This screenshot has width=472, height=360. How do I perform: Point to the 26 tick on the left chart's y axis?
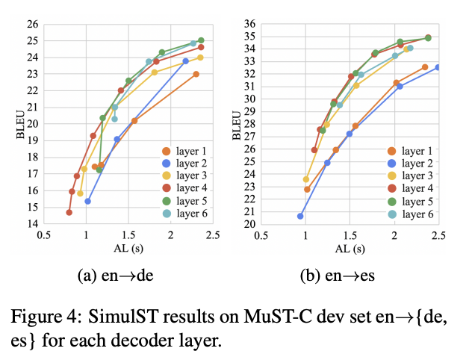33,24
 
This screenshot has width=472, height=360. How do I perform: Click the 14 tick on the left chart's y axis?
33,223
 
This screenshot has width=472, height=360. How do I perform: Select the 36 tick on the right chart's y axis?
248,24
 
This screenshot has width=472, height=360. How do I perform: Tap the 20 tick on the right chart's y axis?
248,223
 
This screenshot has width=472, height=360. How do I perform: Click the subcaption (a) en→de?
116,276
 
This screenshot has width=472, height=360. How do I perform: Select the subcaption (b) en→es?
334,276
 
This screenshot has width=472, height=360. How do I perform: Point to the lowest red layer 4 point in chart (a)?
69,212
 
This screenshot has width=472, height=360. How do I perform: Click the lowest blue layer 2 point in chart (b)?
300,216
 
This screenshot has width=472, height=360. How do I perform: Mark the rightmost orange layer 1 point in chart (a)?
196,74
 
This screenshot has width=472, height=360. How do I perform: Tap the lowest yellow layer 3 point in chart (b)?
305,179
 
